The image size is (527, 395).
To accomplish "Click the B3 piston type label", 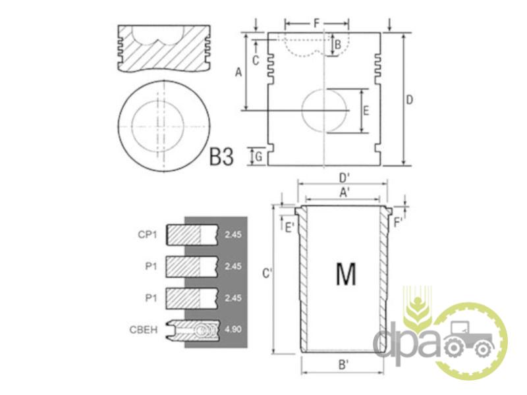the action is [221, 157].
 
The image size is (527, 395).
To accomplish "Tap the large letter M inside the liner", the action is [346, 273].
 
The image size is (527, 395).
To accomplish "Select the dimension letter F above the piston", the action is [317, 24].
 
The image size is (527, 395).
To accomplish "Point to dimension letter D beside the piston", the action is [409, 100].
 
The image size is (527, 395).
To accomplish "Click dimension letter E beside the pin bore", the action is [366, 111].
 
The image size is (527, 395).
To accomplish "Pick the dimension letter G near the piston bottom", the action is [258, 157].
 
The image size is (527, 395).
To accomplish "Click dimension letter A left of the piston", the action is [238, 72].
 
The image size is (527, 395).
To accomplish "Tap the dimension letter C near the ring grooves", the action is [256, 61].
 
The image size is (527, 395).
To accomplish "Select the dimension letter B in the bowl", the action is [338, 44].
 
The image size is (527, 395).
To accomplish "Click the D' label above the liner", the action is [344, 177].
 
